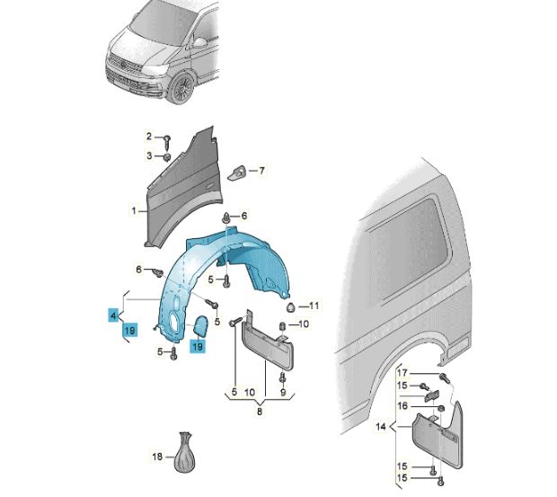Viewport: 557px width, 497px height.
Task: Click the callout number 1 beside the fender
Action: tap(133, 211)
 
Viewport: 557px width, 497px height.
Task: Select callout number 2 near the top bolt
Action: tap(150, 137)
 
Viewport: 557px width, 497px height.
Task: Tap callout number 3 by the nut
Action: tap(150, 156)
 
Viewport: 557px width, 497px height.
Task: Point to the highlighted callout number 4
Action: tap(113, 316)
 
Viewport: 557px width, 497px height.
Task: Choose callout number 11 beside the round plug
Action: tap(315, 306)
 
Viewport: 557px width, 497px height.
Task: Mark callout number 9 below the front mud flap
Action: tap(282, 393)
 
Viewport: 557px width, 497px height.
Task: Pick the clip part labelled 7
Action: tap(239, 170)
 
